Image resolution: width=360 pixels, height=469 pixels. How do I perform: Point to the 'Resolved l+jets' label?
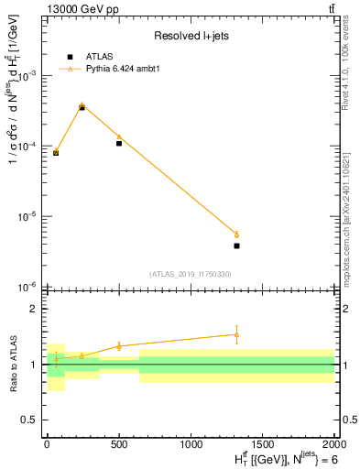click(191, 36)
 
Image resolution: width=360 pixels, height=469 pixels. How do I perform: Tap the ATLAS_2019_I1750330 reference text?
click(191, 274)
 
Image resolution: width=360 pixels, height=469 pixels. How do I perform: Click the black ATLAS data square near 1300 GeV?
click(236, 245)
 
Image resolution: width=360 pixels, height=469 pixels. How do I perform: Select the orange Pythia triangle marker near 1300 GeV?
click(236, 234)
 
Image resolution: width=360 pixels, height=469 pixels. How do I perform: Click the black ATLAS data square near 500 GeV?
click(119, 143)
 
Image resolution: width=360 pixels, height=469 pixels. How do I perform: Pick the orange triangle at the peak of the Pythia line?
click(82, 105)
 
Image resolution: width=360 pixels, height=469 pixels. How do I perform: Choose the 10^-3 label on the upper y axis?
click(29, 76)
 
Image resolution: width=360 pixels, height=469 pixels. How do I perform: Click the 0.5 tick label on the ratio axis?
click(29, 420)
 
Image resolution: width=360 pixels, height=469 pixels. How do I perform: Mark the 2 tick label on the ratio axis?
click(34, 309)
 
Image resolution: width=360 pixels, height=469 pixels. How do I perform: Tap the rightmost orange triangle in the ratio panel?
click(236, 334)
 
